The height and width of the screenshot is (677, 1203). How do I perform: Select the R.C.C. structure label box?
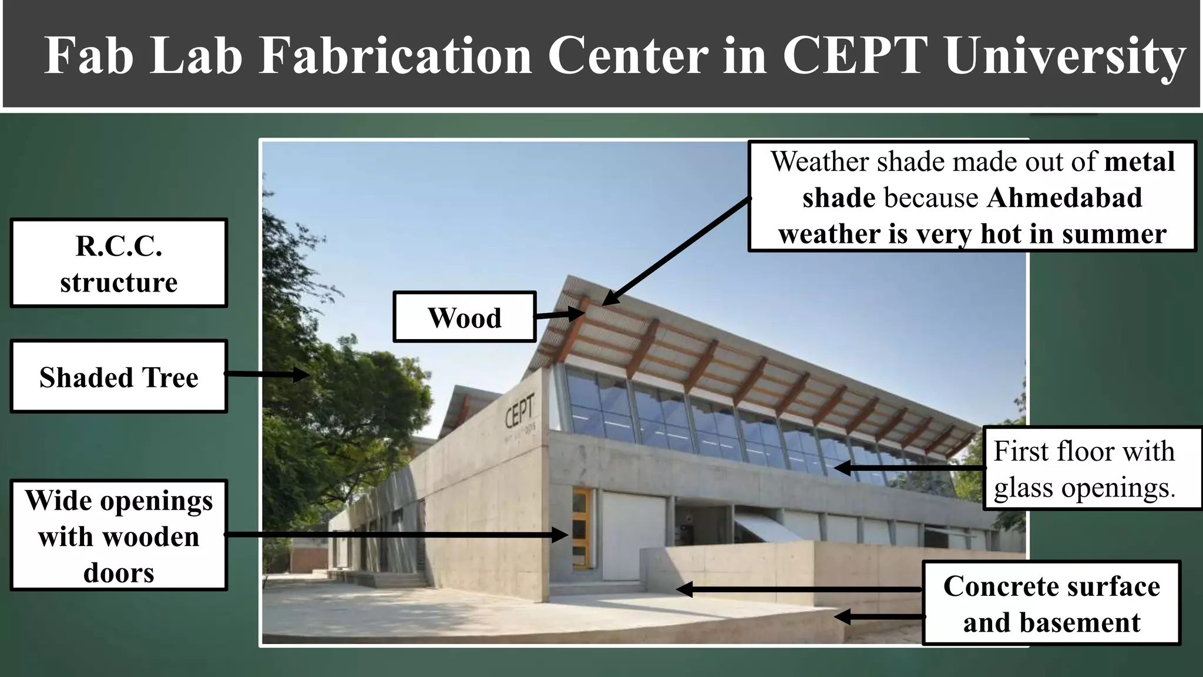pyautogui.click(x=119, y=263)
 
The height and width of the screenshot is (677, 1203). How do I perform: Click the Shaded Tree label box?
pyautogui.click(x=119, y=377)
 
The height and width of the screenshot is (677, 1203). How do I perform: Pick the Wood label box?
pyautogui.click(x=464, y=317)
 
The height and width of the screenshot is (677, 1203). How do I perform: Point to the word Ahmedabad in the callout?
pyautogui.click(x=1064, y=198)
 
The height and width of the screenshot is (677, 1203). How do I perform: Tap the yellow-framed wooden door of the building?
pyautogui.click(x=580, y=528)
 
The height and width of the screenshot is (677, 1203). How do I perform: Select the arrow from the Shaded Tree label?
pyautogui.click(x=267, y=374)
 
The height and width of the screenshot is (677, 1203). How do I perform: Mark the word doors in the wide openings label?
pyautogui.click(x=119, y=573)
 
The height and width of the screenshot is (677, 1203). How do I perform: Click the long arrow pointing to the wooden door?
pyautogui.click(x=396, y=535)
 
